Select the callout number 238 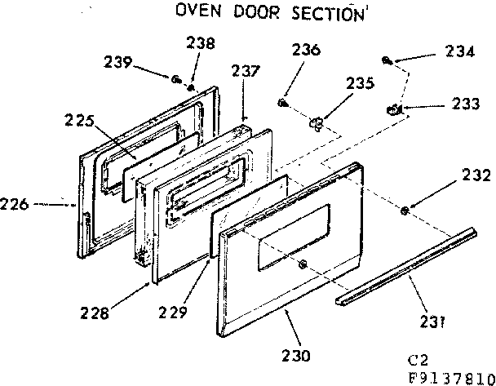tap(201, 43)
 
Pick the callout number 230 tap(296, 355)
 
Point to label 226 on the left tap(16, 204)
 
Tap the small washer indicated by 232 tap(405, 212)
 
